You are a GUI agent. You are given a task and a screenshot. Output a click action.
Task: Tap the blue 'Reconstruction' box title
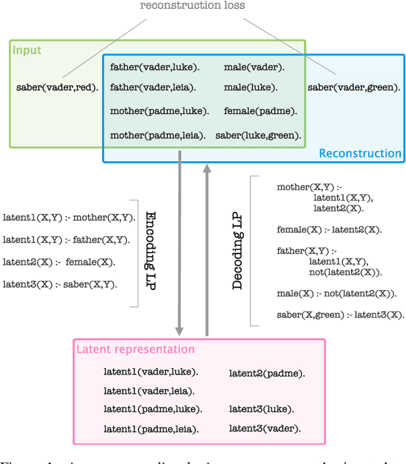click(x=360, y=154)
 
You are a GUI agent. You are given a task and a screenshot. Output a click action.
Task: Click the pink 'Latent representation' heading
click(x=135, y=349)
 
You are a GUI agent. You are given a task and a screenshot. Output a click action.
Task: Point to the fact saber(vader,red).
click(x=57, y=88)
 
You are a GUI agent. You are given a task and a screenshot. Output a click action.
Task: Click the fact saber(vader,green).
click(x=354, y=88)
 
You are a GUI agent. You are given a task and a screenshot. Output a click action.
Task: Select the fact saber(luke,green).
click(x=258, y=135)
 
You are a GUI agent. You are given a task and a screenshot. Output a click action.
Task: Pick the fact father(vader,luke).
click(x=154, y=67)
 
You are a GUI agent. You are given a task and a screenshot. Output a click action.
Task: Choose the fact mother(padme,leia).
click(x=157, y=135)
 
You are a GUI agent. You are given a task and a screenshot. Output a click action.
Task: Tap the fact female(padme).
click(x=260, y=111)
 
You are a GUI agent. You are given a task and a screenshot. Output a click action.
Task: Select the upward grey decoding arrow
click(x=206, y=248)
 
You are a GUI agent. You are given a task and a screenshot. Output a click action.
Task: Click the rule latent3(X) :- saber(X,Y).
click(x=60, y=284)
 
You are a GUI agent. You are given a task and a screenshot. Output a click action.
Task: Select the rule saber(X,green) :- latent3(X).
click(x=340, y=315)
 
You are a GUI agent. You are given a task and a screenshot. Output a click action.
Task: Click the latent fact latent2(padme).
click(x=266, y=374)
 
